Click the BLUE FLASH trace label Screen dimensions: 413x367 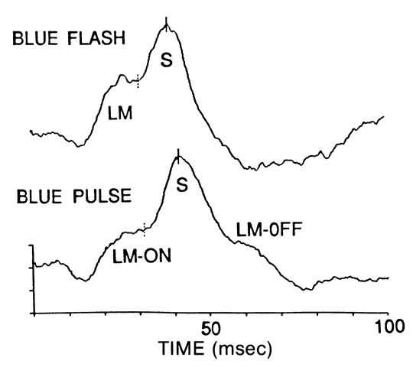[69, 38]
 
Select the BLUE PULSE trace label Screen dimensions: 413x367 [74, 196]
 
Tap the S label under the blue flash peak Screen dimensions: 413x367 [167, 60]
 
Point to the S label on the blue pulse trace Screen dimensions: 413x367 [182, 184]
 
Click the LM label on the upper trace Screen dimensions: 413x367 [120, 113]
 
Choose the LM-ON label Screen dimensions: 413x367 [141, 256]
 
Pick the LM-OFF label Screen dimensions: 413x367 [269, 229]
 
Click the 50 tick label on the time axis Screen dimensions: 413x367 [210, 328]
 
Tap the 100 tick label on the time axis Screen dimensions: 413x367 [389, 326]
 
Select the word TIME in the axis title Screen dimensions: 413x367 [182, 348]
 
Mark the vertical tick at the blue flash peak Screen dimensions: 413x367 [166, 24]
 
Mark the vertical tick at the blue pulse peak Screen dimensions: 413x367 [178, 156]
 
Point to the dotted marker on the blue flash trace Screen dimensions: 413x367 [138, 81]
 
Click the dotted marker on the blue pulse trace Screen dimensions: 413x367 [144, 229]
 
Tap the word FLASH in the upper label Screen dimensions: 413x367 [96, 38]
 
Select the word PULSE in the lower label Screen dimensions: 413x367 [102, 196]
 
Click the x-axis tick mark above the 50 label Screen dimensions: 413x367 [210, 315]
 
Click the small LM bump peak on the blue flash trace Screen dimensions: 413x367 [122, 75]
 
